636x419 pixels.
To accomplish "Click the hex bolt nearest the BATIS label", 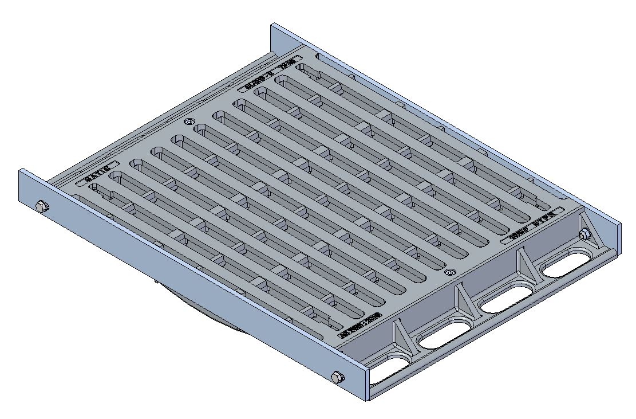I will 41,206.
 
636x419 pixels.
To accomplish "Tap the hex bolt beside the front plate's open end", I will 338,377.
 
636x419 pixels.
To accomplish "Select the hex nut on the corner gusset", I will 584,234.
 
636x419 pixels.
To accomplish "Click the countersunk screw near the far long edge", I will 189,122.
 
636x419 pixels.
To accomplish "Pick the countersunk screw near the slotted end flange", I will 451,272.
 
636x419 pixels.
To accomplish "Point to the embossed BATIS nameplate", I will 96,178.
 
